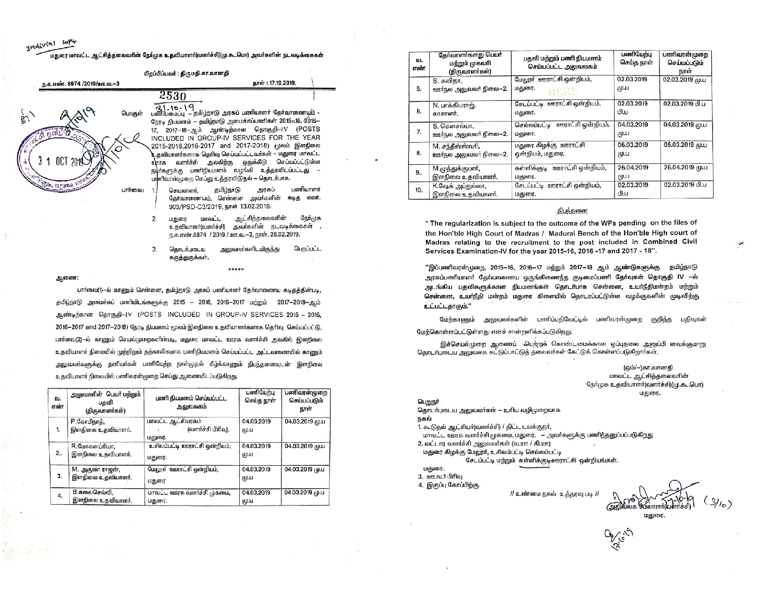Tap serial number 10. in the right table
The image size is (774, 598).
419,190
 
